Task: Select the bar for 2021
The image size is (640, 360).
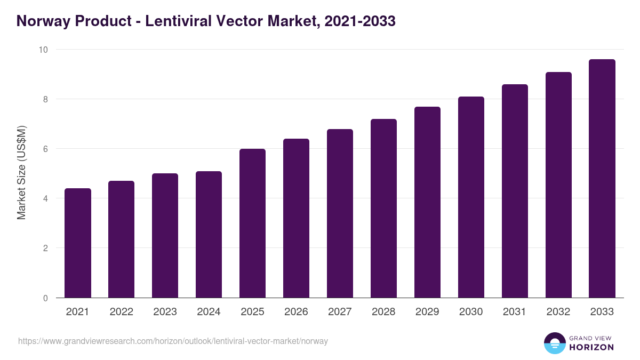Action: click(x=78, y=243)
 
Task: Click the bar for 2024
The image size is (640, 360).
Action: click(x=209, y=235)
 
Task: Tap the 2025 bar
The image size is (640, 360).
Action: click(x=253, y=223)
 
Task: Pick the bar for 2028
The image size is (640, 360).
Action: click(x=384, y=209)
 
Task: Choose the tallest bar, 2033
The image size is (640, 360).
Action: click(x=602, y=179)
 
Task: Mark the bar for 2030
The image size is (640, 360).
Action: click(x=471, y=197)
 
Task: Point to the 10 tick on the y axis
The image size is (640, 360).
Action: click(x=43, y=50)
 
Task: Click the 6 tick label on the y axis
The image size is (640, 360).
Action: click(x=45, y=149)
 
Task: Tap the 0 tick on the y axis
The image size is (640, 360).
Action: click(x=45, y=298)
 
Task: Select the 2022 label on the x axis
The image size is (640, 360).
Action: click(x=122, y=312)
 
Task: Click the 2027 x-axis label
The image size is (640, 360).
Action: click(x=340, y=312)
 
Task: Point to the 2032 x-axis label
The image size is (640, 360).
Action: click(x=558, y=312)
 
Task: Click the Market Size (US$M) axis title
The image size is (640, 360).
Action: click(x=21, y=173)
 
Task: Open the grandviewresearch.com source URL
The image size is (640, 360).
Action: click(x=173, y=341)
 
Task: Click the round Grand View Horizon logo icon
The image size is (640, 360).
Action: click(x=554, y=343)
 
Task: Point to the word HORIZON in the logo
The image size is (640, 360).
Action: click(x=591, y=347)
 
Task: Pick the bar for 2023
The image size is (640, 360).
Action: click(x=165, y=236)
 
